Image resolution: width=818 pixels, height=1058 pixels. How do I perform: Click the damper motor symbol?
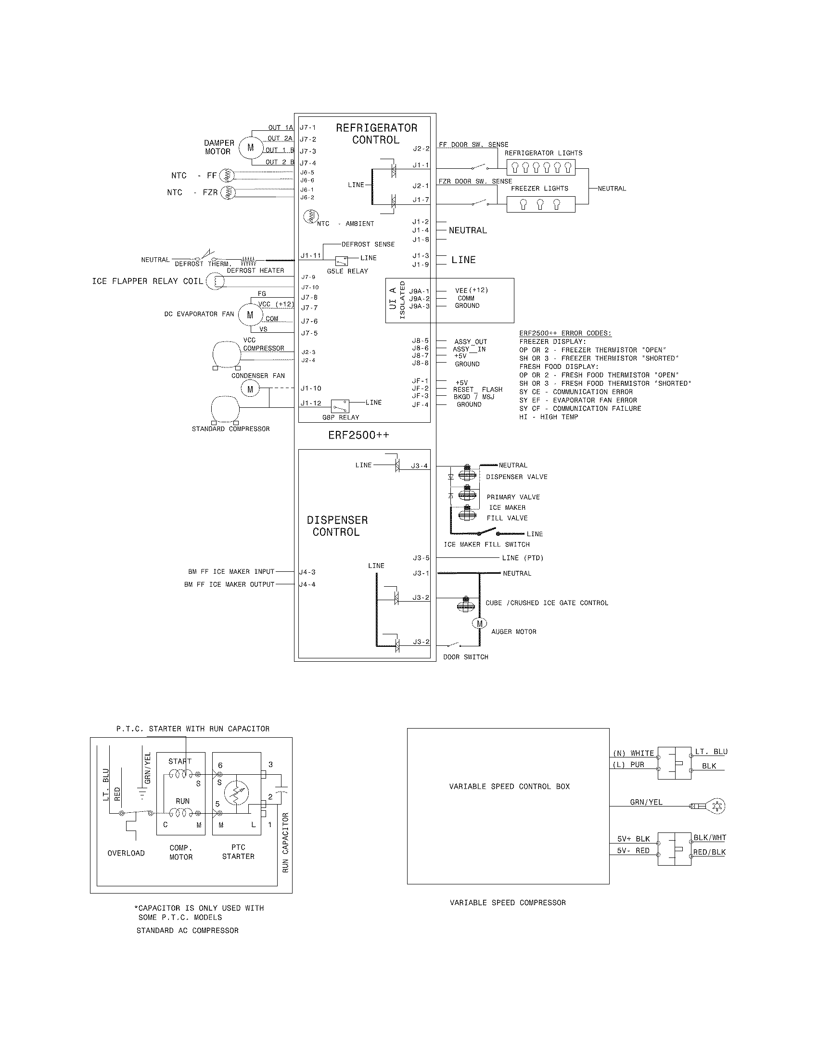(250, 148)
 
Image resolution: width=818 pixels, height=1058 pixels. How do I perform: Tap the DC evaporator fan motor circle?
(250, 315)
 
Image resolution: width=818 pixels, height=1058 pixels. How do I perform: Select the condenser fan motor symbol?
(250, 389)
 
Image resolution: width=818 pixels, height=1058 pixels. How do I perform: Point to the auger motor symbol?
(479, 623)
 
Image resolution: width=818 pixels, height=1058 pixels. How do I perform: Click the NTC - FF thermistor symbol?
(226, 176)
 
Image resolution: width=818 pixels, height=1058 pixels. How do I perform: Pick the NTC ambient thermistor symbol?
(310, 216)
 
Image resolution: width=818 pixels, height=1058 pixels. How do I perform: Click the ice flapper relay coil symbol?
(216, 281)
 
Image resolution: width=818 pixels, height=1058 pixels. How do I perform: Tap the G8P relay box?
(340, 406)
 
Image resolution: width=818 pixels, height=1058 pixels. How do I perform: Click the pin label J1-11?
(311, 255)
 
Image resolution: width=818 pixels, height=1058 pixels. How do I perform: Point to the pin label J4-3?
(307, 572)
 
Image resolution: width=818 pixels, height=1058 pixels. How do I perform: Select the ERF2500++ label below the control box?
(358, 435)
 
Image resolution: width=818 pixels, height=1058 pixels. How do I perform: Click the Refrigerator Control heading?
(377, 134)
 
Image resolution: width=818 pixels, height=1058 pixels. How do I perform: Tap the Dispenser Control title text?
(337, 526)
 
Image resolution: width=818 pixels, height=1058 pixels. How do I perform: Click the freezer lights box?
(541, 204)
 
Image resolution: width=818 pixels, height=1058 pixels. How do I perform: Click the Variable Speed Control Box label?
(509, 786)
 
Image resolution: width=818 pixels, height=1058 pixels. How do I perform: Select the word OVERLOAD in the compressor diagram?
(126, 853)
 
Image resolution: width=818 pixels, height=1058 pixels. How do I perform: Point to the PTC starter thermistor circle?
(236, 793)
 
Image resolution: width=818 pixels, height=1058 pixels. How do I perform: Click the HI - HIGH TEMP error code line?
(549, 417)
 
